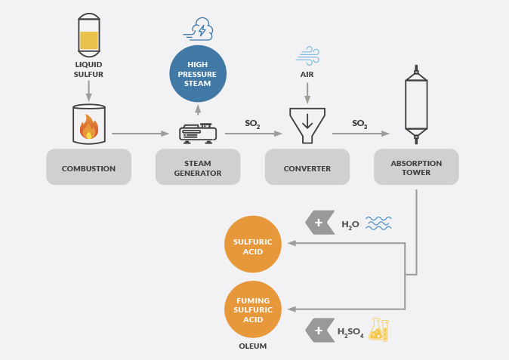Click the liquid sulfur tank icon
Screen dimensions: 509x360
coord(89,35)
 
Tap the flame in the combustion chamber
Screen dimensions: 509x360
coord(89,127)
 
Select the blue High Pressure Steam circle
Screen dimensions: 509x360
coord(198,74)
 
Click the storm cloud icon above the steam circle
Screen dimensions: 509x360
coord(198,29)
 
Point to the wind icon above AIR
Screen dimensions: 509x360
coord(307,55)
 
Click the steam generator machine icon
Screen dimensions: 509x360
coord(198,134)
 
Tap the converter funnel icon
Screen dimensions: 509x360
coord(307,125)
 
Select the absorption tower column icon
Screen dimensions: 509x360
coord(416,104)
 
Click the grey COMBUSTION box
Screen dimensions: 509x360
coord(88,167)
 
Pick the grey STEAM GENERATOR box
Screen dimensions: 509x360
coord(198,167)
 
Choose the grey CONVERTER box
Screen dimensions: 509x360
coord(307,167)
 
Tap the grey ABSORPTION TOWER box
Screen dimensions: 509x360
coord(416,167)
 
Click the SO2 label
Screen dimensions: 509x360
coord(252,124)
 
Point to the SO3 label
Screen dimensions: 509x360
coord(359,124)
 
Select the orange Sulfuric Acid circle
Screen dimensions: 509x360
coord(253,245)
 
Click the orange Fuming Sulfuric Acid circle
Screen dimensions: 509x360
coord(253,309)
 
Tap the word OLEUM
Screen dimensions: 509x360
coord(253,346)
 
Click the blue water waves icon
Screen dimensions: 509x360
coord(378,223)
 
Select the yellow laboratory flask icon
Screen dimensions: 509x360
coord(379,330)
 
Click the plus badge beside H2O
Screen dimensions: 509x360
coord(320,223)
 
